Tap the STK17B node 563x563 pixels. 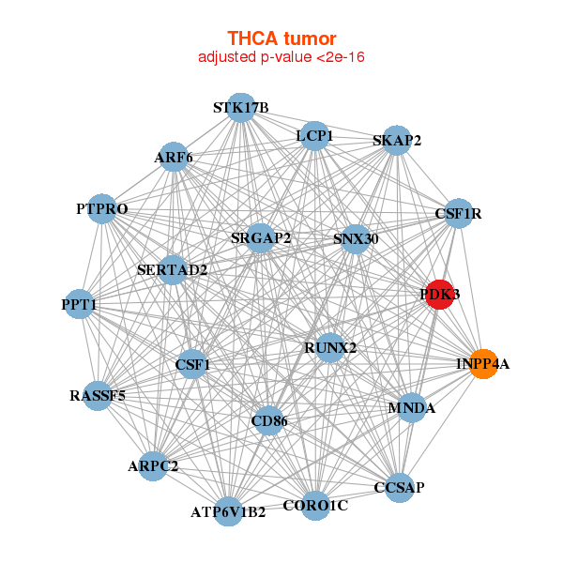click(241, 108)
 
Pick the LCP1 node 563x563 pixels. click(315, 137)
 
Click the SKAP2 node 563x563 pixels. click(397, 142)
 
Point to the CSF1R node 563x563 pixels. click(458, 214)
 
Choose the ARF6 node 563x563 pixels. click(174, 158)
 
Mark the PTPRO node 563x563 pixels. click(101, 208)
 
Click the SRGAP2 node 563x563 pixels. click(261, 238)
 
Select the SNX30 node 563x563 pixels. click(356, 239)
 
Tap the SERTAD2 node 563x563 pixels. click(173, 270)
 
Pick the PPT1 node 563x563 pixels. click(80, 305)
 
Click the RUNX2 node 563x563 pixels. click(330, 348)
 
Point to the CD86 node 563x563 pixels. click(270, 422)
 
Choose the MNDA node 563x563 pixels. click(412, 408)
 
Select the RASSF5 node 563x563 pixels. click(98, 396)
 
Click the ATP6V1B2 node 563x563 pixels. click(229, 512)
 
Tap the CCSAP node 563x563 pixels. click(399, 487)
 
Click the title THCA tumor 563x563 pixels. click(281, 38)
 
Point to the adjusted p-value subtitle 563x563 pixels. click(281, 57)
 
